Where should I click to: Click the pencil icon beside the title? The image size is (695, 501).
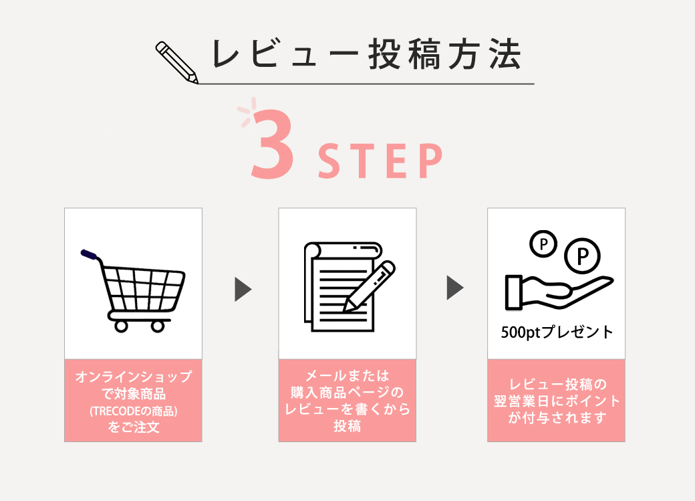coord(176,62)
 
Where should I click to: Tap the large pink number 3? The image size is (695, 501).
coord(272,144)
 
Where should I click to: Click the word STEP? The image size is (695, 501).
coord(380,161)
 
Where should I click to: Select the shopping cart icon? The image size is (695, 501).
coord(133,291)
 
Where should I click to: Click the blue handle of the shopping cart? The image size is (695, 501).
coord(89,254)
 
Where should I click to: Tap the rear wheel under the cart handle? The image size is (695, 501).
coord(121,326)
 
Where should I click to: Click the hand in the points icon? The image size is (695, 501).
coord(559,292)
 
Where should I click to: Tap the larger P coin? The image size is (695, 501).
coord(582,256)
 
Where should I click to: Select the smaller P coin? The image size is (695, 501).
coord(543,243)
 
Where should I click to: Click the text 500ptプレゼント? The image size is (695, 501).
coord(557,332)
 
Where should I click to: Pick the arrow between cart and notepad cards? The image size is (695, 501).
coord(243,290)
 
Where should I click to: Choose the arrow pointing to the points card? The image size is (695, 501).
coord(455,288)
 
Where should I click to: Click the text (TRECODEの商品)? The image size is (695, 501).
coord(134,411)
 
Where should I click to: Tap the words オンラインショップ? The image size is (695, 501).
coord(134,377)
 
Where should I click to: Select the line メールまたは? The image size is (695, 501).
coord(347,376)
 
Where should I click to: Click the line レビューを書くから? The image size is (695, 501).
coord(347,409)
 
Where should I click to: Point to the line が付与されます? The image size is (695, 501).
coord(557,417)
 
